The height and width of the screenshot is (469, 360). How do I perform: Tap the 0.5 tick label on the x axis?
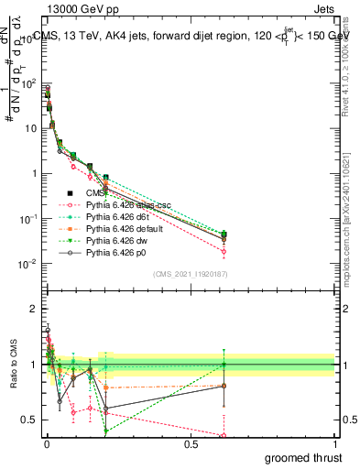pyautogui.click(x=191, y=443)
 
